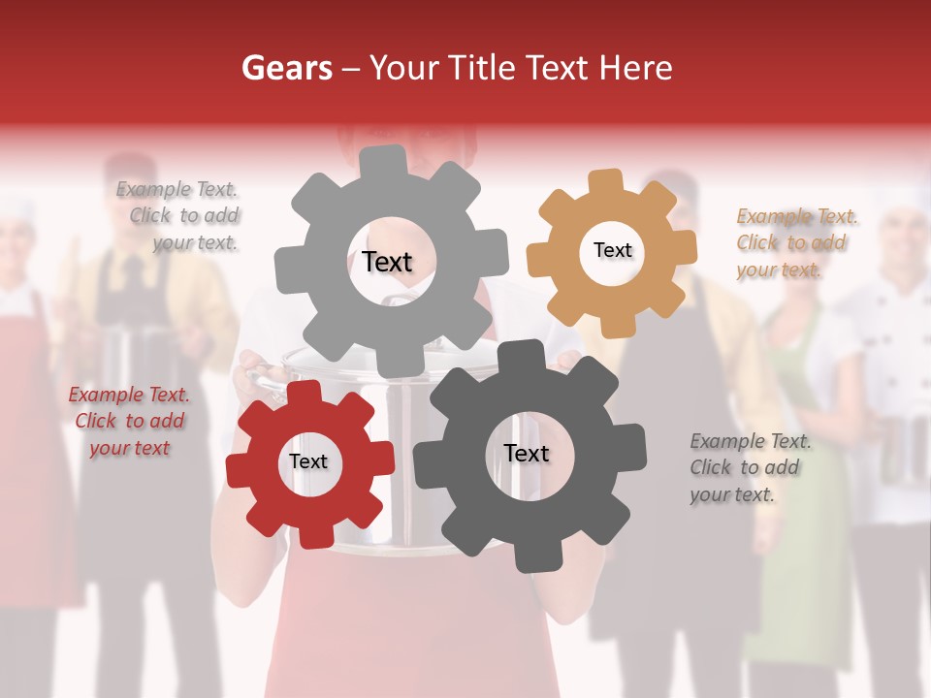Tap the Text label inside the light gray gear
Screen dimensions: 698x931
click(387, 262)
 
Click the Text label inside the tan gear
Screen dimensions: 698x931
click(612, 250)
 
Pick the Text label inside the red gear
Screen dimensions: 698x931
click(308, 461)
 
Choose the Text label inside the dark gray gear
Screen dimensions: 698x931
click(527, 453)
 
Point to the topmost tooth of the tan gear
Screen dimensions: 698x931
click(606, 181)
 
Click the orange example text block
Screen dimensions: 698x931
click(793, 242)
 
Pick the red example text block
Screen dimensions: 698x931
click(128, 421)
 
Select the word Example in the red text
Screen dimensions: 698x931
click(106, 395)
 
